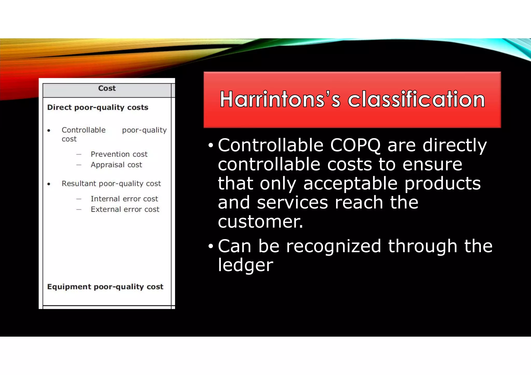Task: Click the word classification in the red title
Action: click(x=416, y=99)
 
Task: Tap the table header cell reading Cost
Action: click(x=107, y=89)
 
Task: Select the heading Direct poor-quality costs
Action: click(x=98, y=107)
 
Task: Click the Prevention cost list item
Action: click(x=119, y=154)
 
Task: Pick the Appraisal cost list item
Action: click(x=116, y=165)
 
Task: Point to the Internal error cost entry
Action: click(x=124, y=199)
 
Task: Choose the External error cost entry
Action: click(x=125, y=210)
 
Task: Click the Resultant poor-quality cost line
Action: click(x=111, y=184)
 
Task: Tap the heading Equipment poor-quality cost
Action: click(x=105, y=287)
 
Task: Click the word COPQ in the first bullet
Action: click(x=355, y=146)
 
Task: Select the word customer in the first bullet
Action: click(x=260, y=222)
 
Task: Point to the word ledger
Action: click(x=245, y=265)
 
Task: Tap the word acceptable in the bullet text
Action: click(x=350, y=184)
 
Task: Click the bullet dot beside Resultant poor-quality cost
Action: click(x=49, y=184)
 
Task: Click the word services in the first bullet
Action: click(x=292, y=203)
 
